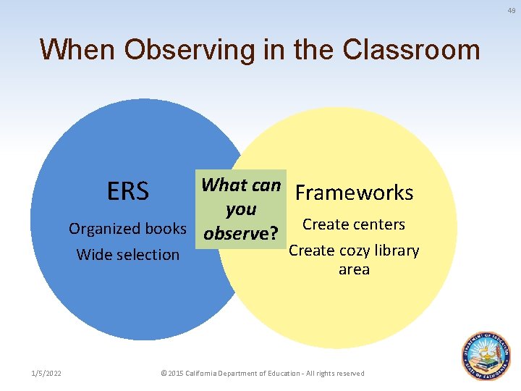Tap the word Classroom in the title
412,50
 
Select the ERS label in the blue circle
127,192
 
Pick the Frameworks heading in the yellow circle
354,193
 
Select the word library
395,251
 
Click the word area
354,269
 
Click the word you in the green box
241,209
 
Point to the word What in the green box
224,185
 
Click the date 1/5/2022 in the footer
46,373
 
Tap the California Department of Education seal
486,356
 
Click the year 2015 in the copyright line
176,373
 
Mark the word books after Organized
166,229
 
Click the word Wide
93,255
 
